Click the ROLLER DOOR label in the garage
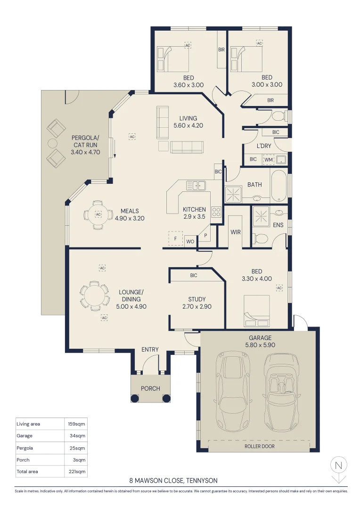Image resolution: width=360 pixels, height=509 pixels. (259, 446)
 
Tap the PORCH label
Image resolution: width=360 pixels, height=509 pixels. (150, 388)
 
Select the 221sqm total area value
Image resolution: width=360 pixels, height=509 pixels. (77, 471)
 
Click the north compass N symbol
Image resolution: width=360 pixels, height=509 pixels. (339, 465)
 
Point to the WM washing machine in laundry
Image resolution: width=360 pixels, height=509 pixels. (269, 160)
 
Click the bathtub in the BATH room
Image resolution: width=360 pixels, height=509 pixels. (278, 186)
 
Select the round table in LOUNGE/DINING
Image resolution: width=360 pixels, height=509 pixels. (94, 296)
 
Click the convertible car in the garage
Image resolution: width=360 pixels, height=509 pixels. (281, 393)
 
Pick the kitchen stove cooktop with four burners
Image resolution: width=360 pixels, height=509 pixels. (216, 212)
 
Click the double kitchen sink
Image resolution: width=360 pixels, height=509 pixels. (196, 186)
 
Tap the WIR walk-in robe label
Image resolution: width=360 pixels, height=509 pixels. (236, 232)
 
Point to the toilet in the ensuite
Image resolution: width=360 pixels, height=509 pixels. (260, 239)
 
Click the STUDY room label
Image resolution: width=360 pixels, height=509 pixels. (197, 299)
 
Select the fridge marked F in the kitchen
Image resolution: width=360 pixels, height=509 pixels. (175, 238)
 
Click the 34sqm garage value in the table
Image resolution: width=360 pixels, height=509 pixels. (78, 435)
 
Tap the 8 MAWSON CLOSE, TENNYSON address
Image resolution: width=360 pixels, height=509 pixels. (173, 480)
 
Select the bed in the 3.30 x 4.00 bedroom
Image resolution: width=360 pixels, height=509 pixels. (256, 311)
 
